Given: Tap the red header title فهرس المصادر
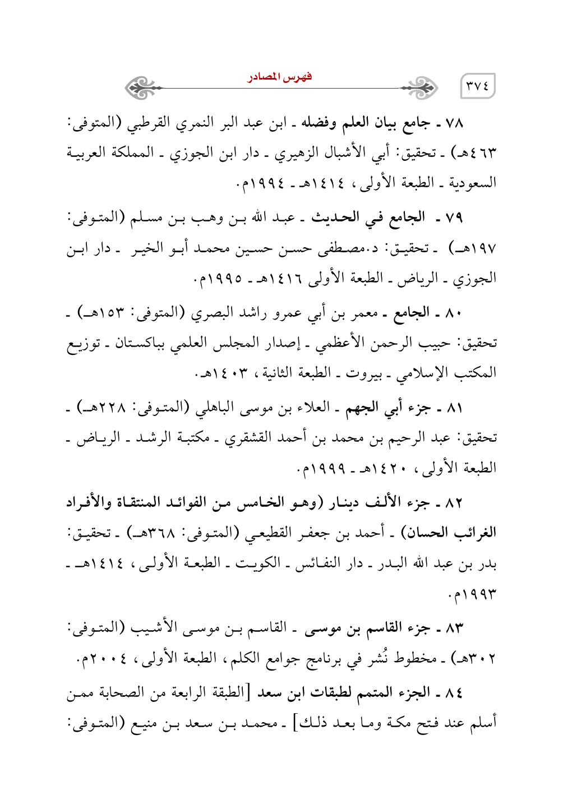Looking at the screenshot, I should (280, 77).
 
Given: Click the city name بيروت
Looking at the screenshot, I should (361, 373).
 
